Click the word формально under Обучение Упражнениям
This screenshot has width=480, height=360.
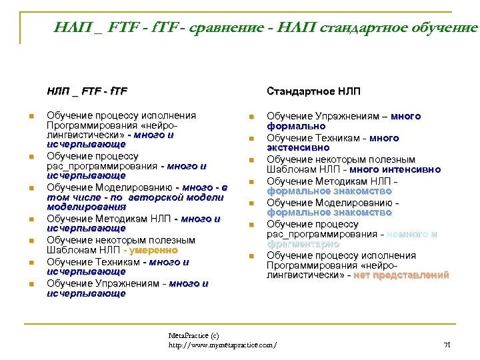297,126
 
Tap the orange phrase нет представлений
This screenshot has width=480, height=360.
401,275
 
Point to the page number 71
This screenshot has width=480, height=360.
447,344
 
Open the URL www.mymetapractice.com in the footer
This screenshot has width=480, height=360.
222,345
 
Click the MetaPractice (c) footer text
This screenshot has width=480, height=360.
193,335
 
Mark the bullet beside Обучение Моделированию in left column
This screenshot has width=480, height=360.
31,188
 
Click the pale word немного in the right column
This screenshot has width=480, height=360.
419,235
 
